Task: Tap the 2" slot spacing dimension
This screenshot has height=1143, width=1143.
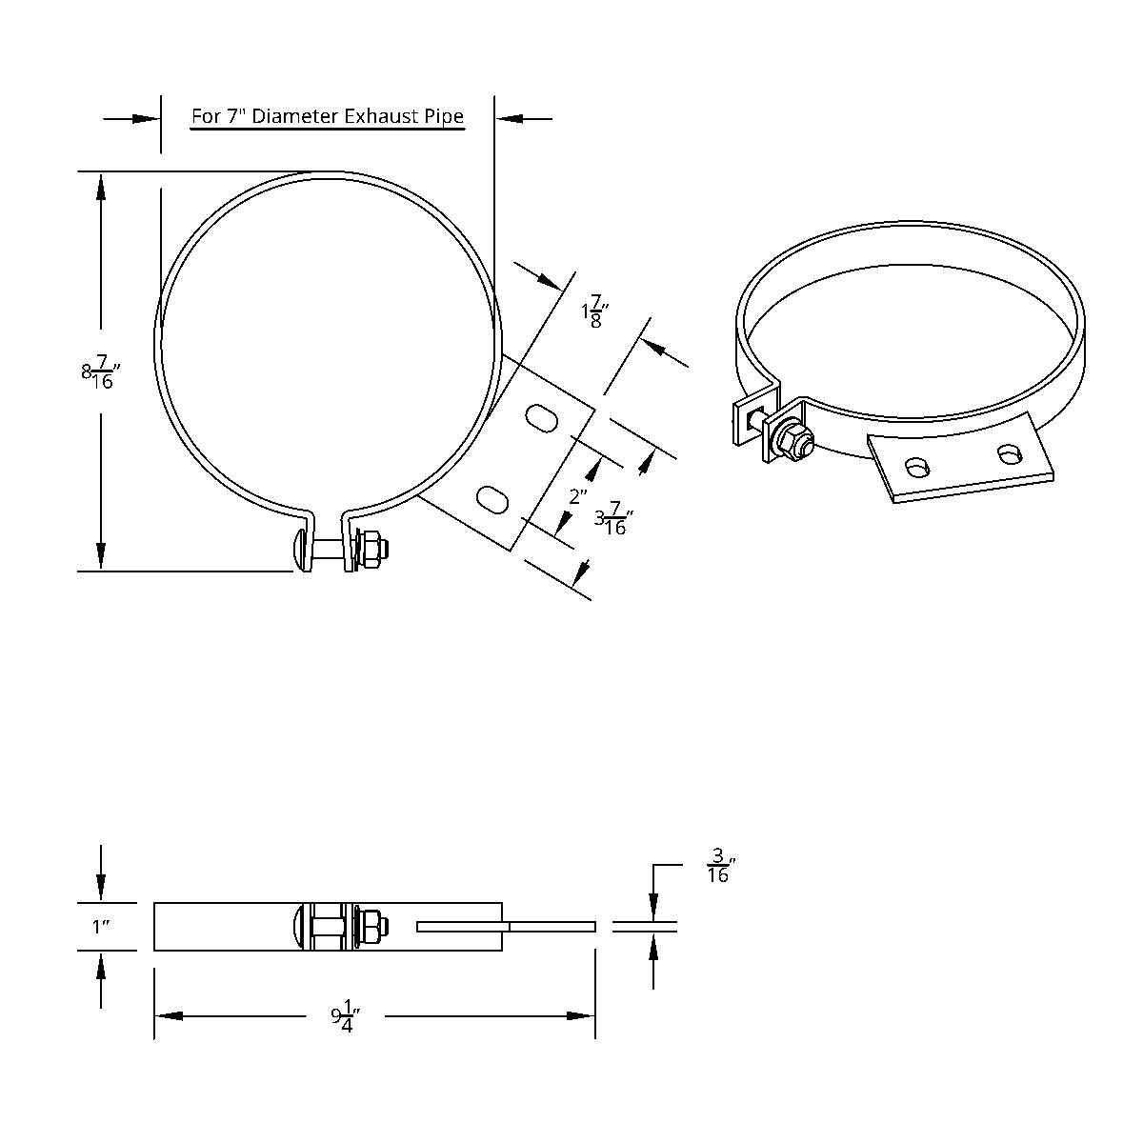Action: (578, 496)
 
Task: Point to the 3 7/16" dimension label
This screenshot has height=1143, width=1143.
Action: (614, 520)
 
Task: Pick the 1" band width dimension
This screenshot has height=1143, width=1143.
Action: (103, 927)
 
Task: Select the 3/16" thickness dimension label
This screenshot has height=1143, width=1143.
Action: (721, 865)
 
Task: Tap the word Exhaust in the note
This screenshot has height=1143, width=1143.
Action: (379, 116)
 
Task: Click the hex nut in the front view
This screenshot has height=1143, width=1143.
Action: (374, 551)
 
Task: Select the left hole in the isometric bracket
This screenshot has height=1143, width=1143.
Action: (917, 468)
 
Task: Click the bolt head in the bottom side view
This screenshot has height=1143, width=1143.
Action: (299, 927)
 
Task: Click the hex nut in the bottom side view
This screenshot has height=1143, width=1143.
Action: (373, 924)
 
